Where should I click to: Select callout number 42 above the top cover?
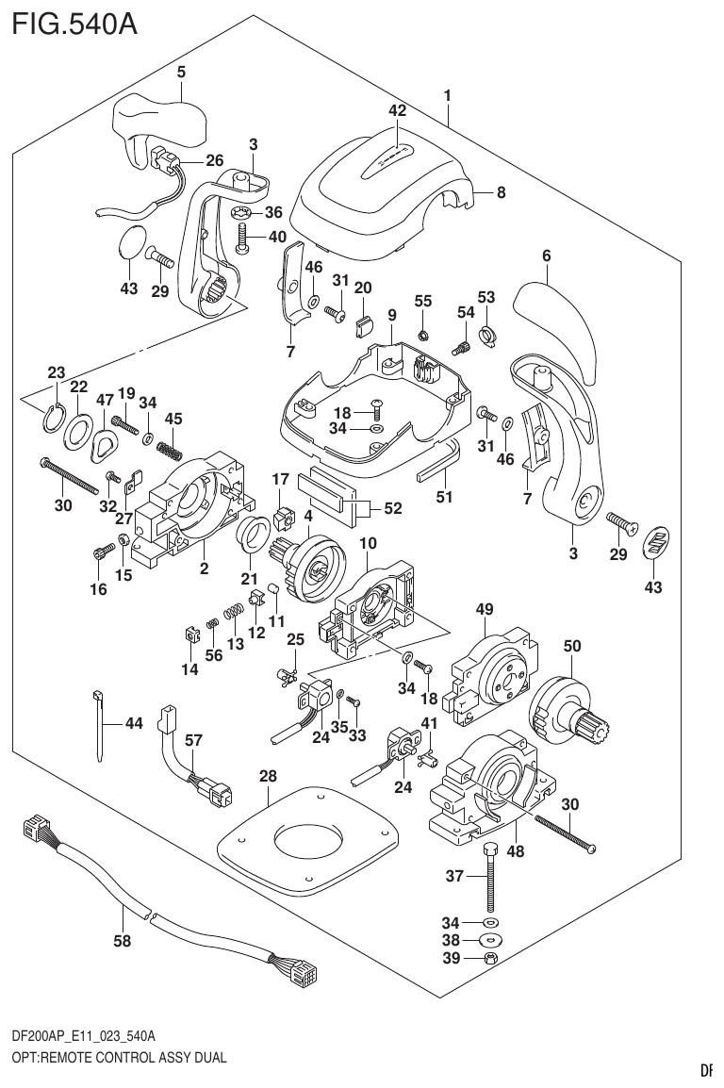tap(397, 110)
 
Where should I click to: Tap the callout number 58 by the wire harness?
tap(123, 940)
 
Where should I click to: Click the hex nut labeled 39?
tap(490, 960)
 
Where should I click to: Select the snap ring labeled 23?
tap(53, 411)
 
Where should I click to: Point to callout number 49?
tap(485, 610)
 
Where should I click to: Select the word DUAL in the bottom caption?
tap(208, 1058)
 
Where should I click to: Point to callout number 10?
tap(368, 544)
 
